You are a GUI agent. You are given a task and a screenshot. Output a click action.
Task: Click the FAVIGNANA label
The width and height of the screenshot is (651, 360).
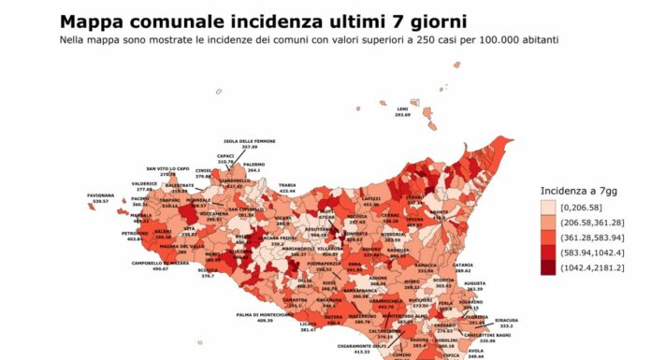coord(101,169)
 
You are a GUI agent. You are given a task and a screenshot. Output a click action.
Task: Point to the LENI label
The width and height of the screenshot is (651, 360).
coord(402,108)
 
